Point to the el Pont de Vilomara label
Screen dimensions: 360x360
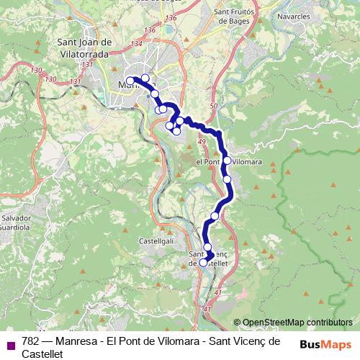[x=228, y=162]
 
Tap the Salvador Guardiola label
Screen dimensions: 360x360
[x=15, y=222]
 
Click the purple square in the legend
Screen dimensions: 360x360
[x=10, y=345]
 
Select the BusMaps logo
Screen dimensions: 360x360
[x=325, y=344]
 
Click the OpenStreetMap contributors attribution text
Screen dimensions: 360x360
[x=297, y=323]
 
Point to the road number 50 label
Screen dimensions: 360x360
[x=213, y=107]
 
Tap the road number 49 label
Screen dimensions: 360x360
[x=201, y=143]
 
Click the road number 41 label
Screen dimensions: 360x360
[x=207, y=309]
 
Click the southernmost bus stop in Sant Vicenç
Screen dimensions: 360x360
[x=203, y=263]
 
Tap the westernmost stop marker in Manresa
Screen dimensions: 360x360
[x=130, y=81]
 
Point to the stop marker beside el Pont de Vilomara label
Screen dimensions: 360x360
[x=227, y=161]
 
